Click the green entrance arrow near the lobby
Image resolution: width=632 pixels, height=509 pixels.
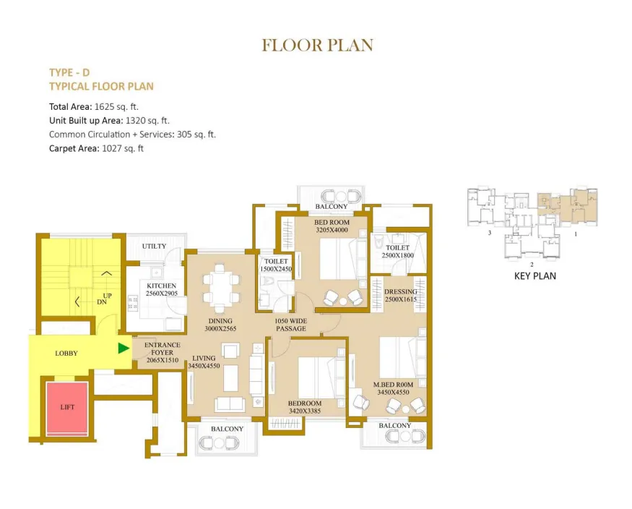point(124,348)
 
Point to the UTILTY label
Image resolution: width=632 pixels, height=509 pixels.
point(154,246)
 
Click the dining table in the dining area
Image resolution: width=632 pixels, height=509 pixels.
point(220,288)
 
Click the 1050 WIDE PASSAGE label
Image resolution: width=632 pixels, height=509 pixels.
point(290,325)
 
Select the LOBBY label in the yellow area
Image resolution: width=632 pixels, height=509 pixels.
point(66,354)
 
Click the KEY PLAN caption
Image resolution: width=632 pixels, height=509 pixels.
point(535,276)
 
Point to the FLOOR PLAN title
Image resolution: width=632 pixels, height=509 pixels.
point(318,45)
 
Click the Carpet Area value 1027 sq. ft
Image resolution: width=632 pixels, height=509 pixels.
point(123,148)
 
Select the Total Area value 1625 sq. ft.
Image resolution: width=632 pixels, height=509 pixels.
point(116,107)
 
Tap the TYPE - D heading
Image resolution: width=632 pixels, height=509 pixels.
point(69,72)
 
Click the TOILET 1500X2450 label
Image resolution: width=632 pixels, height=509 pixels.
point(276,265)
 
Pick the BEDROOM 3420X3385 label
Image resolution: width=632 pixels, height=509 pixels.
point(305,407)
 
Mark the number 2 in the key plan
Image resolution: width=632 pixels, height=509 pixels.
point(532,265)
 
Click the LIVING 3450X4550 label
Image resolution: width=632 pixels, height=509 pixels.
point(204,362)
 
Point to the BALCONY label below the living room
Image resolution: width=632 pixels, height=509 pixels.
point(227,429)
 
